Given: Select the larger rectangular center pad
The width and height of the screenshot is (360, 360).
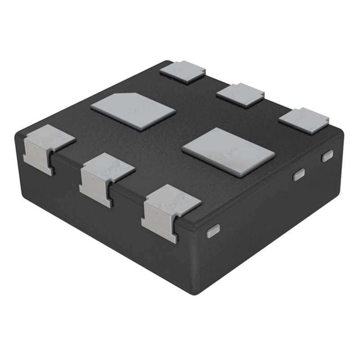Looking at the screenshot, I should click(x=229, y=152).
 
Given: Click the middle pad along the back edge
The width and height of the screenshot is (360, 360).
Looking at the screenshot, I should click(x=240, y=95).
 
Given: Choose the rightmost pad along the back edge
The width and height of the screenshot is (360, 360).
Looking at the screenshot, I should click(x=303, y=121).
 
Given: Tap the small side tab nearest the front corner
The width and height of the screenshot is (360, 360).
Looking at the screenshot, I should click(x=212, y=231).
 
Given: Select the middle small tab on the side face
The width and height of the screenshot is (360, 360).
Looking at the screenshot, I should click(x=299, y=175).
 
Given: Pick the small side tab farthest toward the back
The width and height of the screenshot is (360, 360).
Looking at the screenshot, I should click(x=327, y=156).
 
